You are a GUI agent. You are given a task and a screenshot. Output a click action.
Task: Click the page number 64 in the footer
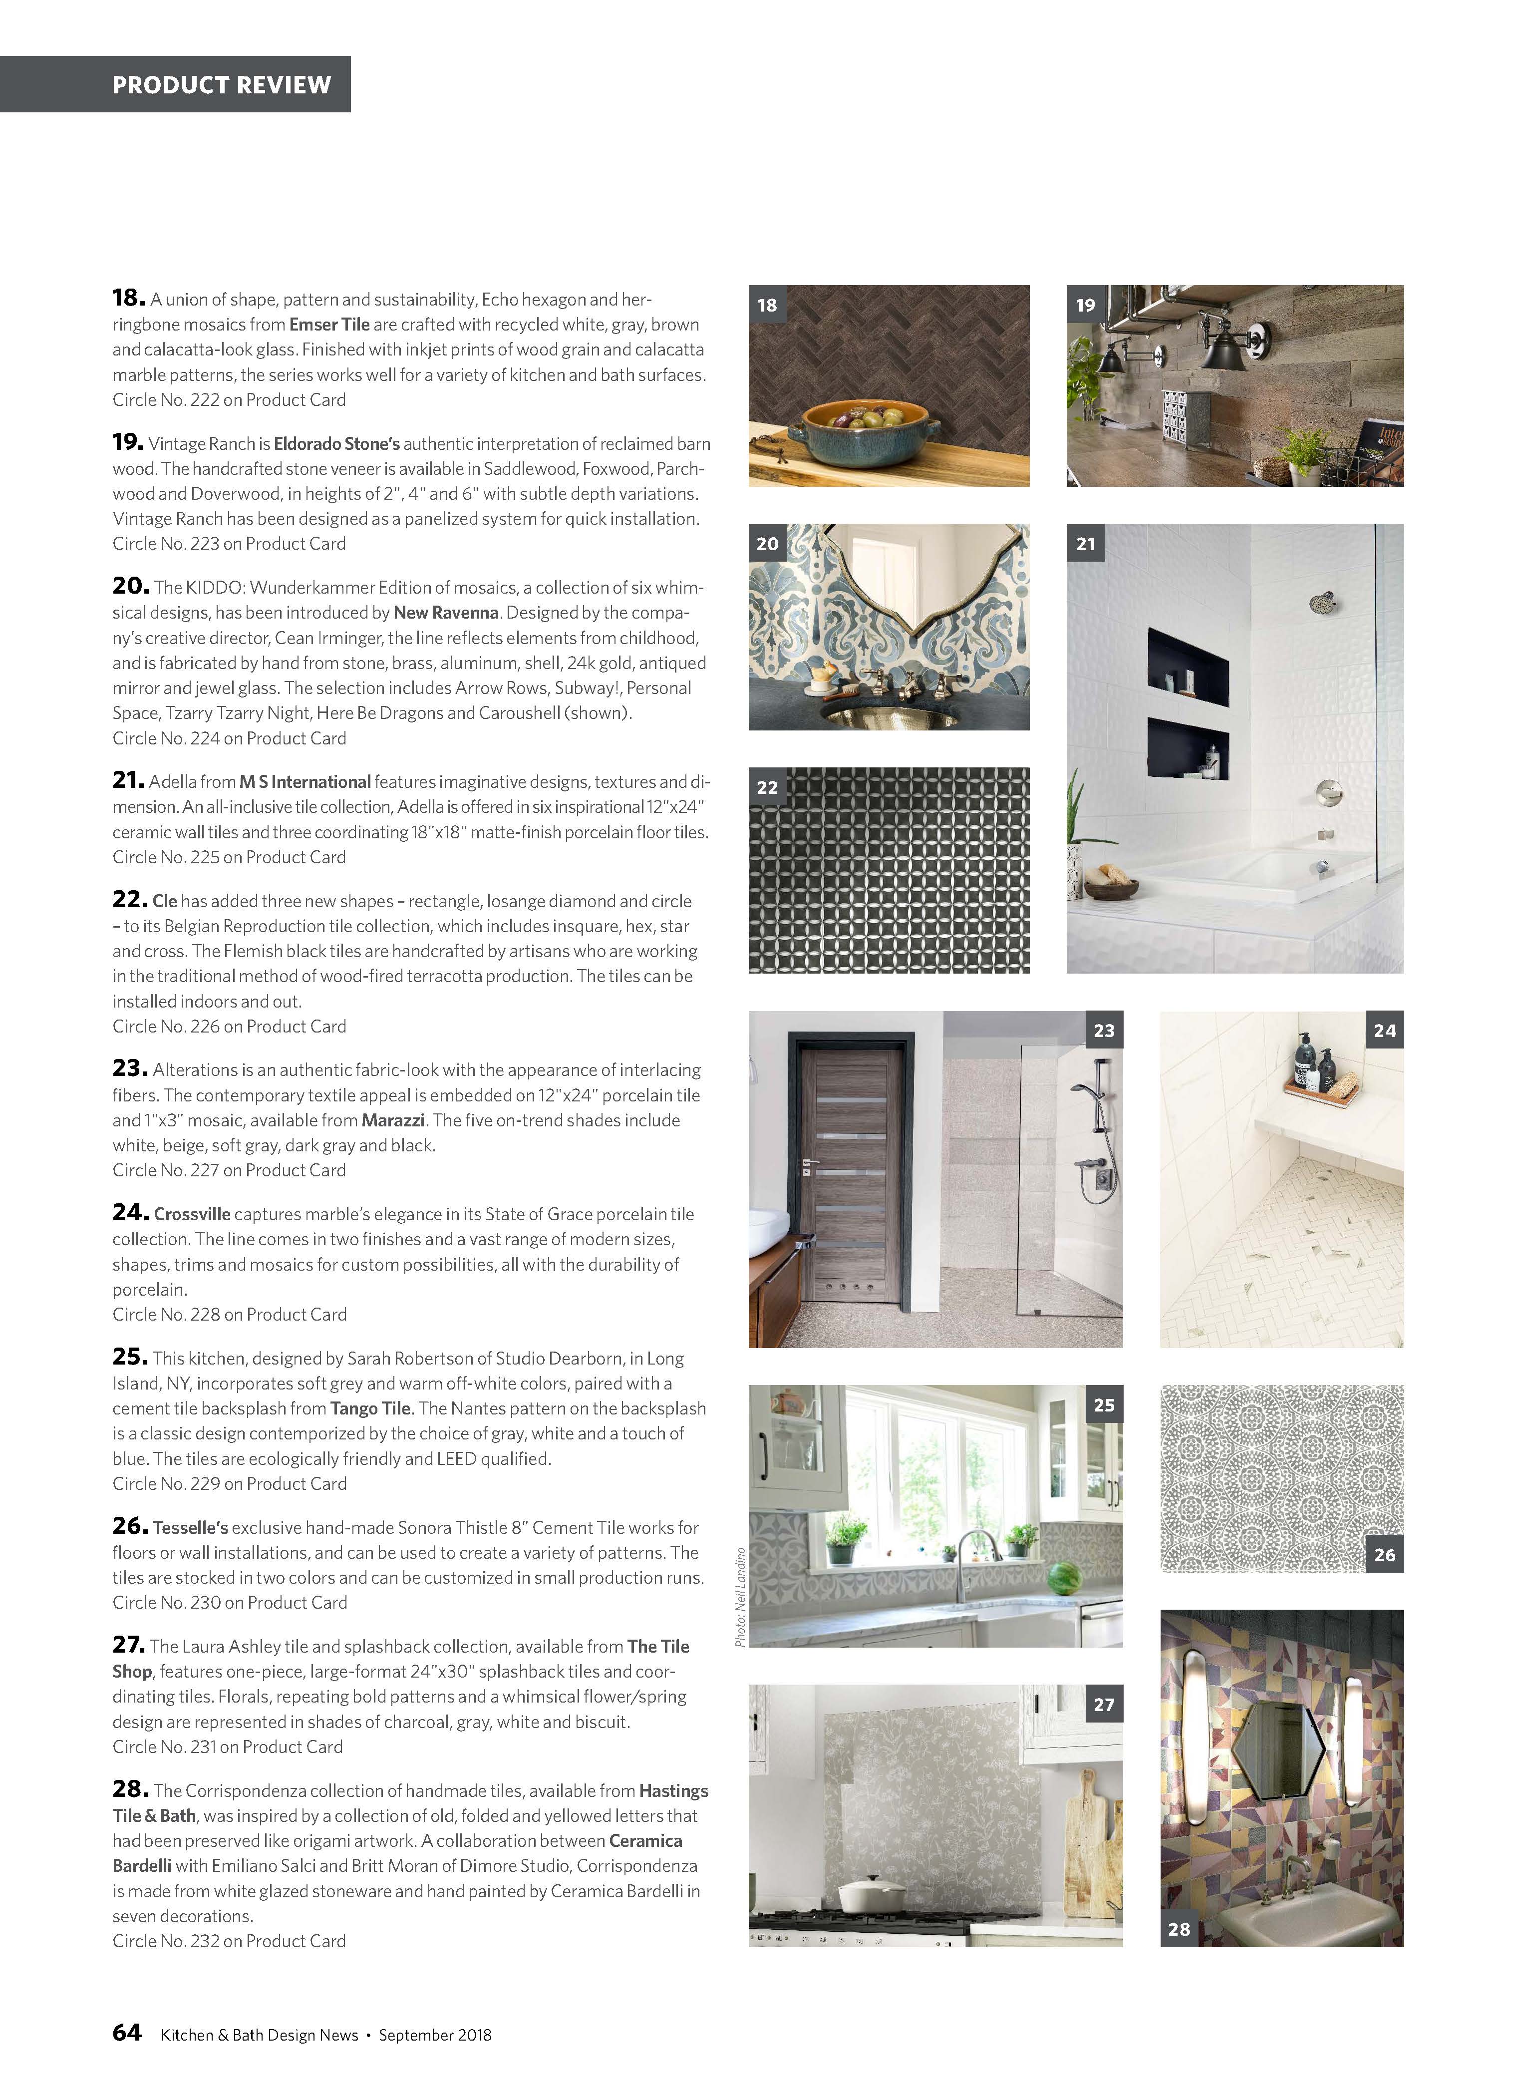[126, 2033]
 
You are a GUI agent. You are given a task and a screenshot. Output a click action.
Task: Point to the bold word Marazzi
[393, 1120]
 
